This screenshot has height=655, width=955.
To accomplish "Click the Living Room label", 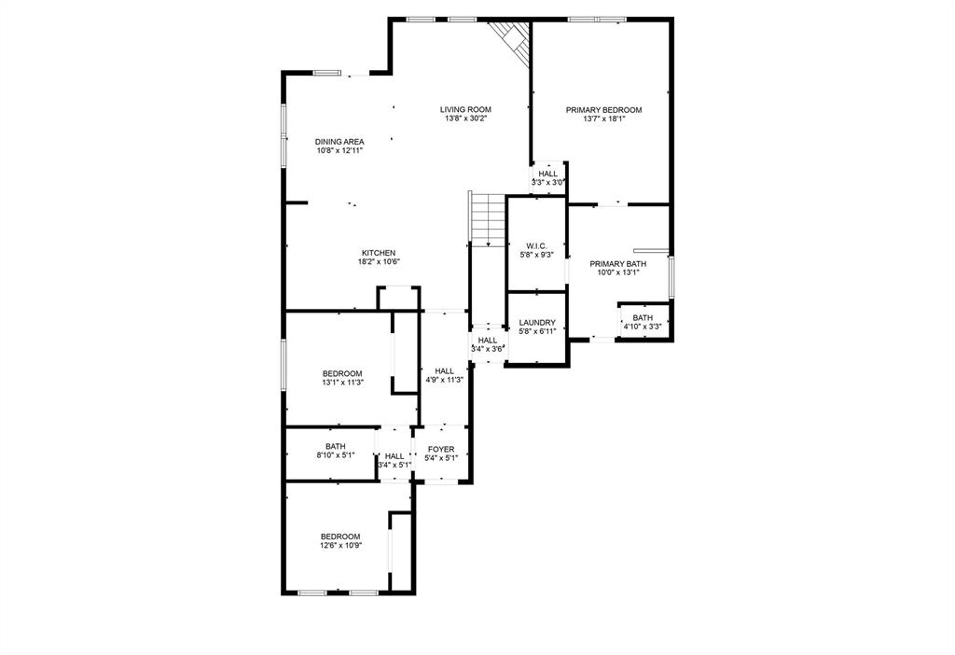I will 465,109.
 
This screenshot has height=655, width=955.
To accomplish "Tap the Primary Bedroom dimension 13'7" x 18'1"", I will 603,119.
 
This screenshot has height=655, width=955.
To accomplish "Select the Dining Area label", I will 339,142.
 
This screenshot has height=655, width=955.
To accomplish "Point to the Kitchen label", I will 379,253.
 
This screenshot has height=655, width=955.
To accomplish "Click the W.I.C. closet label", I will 536,245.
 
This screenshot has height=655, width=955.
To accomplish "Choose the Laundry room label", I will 536,323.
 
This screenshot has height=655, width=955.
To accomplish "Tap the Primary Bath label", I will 617,264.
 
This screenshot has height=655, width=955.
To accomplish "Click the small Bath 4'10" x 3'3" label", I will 643,318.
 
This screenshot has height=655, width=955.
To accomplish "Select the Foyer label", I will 441,450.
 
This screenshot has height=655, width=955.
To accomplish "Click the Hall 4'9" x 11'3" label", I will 444,371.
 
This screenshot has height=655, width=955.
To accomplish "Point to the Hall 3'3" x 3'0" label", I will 547,174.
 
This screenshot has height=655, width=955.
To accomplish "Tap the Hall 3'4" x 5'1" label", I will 394,456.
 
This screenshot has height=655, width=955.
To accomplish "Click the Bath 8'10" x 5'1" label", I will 335,447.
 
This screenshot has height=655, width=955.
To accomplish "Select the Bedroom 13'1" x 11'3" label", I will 341,373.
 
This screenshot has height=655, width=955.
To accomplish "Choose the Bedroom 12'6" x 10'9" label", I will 340,537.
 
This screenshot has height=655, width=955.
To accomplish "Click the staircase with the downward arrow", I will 487,219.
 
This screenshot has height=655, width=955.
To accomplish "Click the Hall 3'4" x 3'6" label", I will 488,341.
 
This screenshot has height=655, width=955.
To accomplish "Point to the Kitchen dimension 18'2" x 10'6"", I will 379,262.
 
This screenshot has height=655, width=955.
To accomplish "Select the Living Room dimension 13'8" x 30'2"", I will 465,118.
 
